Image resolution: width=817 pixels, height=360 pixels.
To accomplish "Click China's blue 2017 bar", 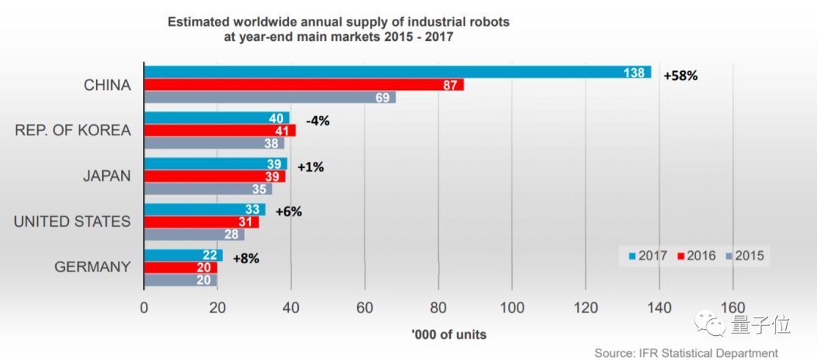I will tap(397, 73).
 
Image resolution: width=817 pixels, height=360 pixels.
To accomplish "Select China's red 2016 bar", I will tap(303, 85).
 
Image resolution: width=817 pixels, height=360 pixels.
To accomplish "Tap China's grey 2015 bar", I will tap(269, 98).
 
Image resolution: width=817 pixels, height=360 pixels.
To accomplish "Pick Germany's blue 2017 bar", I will tap(183, 256).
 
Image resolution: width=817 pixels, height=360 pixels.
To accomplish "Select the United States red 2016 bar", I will tap(201, 222).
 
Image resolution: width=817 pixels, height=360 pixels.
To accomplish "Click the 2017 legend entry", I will tap(642, 256).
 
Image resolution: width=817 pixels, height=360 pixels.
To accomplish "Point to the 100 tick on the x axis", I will tap(512, 308).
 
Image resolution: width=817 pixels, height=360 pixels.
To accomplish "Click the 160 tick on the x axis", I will tap(732, 308).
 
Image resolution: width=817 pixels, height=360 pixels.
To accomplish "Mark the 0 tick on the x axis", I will tap(144, 308).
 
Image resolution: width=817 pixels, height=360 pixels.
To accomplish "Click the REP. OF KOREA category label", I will tap(73, 130).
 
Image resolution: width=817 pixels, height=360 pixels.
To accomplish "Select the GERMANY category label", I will tap(92, 267).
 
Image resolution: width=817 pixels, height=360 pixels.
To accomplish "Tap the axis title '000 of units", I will tap(449, 334).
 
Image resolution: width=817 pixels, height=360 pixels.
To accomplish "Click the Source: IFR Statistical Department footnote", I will tap(685, 352).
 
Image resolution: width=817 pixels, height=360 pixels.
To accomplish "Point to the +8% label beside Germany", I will tap(246, 258).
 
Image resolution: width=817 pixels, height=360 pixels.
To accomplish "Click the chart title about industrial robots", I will tap(338, 29).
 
